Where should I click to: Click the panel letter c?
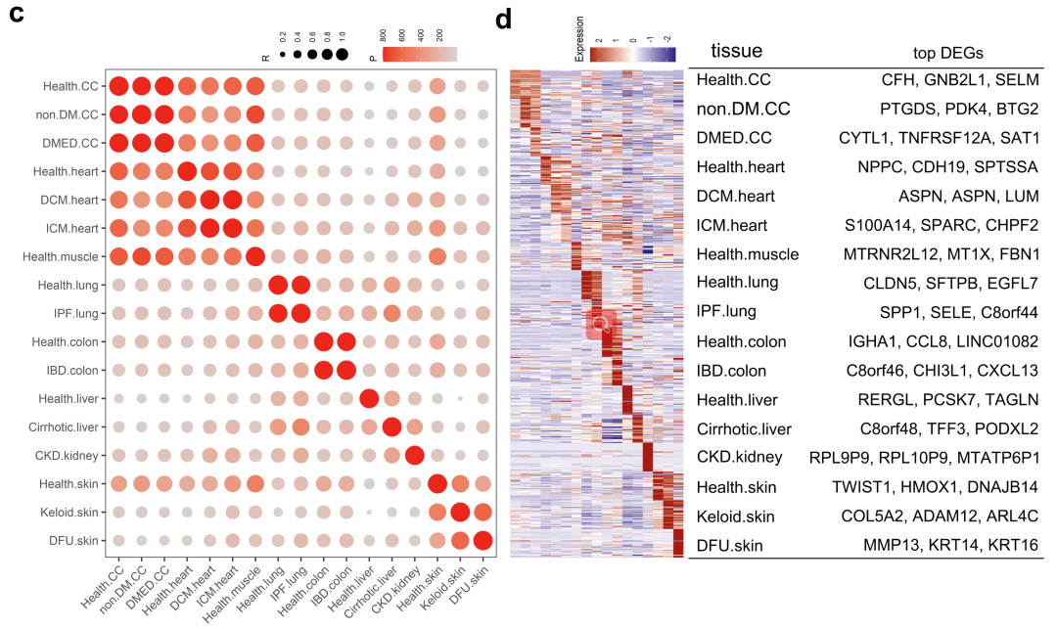click(17, 18)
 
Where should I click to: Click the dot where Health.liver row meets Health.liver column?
click(369, 398)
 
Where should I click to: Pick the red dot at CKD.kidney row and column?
click(414, 455)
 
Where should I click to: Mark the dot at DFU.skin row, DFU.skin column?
click(483, 540)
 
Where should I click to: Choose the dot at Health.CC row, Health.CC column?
click(119, 87)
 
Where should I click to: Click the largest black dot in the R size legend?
click(342, 55)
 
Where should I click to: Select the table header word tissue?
click(736, 51)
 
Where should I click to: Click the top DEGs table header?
click(947, 53)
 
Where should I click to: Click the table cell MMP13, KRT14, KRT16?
click(951, 545)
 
